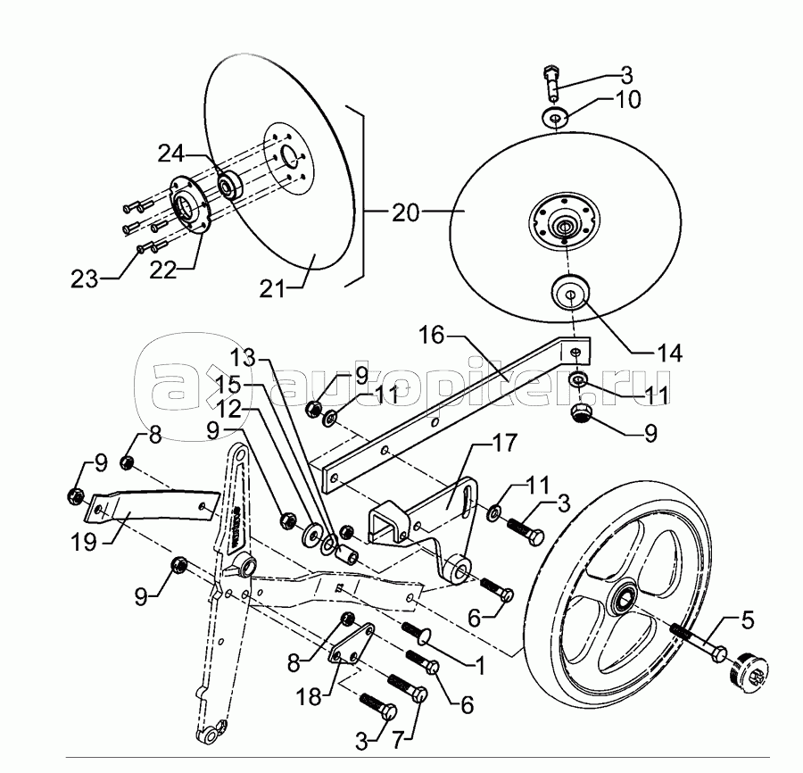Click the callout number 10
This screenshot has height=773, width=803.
(x=628, y=99)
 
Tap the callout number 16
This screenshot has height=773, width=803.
(x=430, y=337)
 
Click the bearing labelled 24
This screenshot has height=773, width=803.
(x=231, y=186)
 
